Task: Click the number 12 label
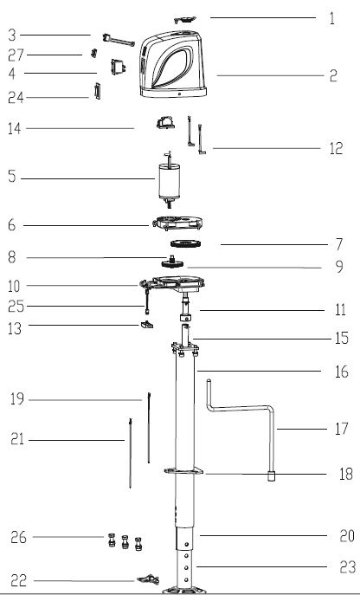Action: click(336, 149)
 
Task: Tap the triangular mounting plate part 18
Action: click(184, 472)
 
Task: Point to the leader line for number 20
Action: click(260, 534)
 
